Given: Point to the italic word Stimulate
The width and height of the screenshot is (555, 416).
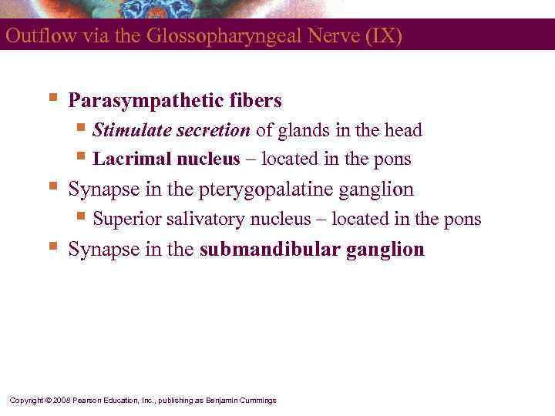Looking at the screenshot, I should [131, 130].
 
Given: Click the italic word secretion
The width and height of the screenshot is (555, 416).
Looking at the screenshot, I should [213, 130].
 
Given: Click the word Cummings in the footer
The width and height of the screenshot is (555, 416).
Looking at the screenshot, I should [257, 401].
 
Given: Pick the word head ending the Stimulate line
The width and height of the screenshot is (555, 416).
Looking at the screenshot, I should [404, 130].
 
